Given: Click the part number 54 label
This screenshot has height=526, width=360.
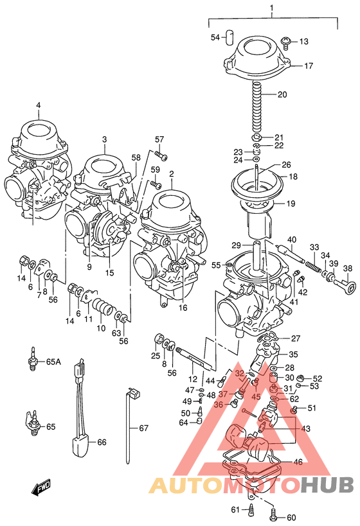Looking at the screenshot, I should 215,37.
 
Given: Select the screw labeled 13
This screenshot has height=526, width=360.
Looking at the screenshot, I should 285,42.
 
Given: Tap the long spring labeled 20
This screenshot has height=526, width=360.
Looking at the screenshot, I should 257,106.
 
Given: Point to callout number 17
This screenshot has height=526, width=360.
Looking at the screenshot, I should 309,66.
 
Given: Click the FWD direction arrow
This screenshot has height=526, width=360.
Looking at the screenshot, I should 42,489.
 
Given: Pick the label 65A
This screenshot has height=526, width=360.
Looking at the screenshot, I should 53,362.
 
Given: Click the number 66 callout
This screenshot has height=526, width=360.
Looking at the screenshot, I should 101,442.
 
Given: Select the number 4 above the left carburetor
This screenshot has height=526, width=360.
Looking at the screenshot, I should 38,105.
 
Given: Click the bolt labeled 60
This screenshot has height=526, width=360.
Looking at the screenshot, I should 275,514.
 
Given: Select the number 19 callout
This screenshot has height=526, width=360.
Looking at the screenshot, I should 291,204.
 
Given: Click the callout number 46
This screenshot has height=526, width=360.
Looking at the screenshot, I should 297,462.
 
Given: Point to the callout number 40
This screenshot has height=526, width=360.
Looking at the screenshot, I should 292,241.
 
